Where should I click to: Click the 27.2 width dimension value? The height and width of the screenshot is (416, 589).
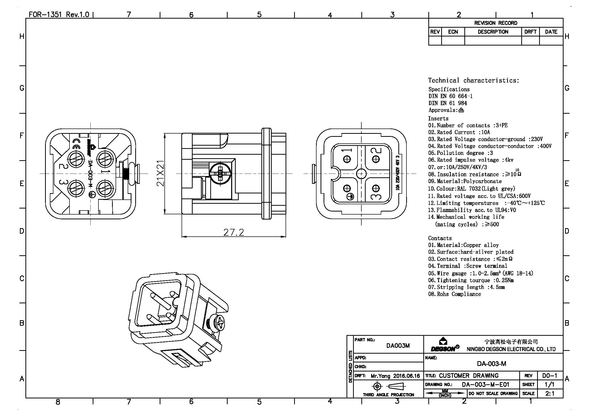point(233,232)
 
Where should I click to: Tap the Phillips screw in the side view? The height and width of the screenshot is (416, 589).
point(220,174)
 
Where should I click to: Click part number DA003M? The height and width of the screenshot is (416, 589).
point(398,346)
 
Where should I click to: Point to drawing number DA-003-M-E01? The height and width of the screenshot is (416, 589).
point(485,385)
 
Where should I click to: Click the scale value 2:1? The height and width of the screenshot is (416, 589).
point(550,393)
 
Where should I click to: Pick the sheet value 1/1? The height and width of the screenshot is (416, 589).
point(549,385)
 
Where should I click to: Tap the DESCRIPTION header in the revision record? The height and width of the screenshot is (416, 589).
point(493,32)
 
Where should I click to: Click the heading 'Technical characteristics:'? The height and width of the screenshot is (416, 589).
point(474,80)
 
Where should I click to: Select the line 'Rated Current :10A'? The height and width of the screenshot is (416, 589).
point(459,132)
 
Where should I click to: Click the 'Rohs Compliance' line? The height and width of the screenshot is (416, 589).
point(455,294)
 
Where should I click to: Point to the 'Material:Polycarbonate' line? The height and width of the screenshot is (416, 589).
point(465,181)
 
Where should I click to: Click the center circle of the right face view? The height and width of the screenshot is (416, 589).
point(361,174)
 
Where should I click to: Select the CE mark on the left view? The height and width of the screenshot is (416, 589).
point(77,143)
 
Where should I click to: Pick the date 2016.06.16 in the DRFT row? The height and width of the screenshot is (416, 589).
point(407,376)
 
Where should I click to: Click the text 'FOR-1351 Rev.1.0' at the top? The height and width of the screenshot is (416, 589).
point(59,14)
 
